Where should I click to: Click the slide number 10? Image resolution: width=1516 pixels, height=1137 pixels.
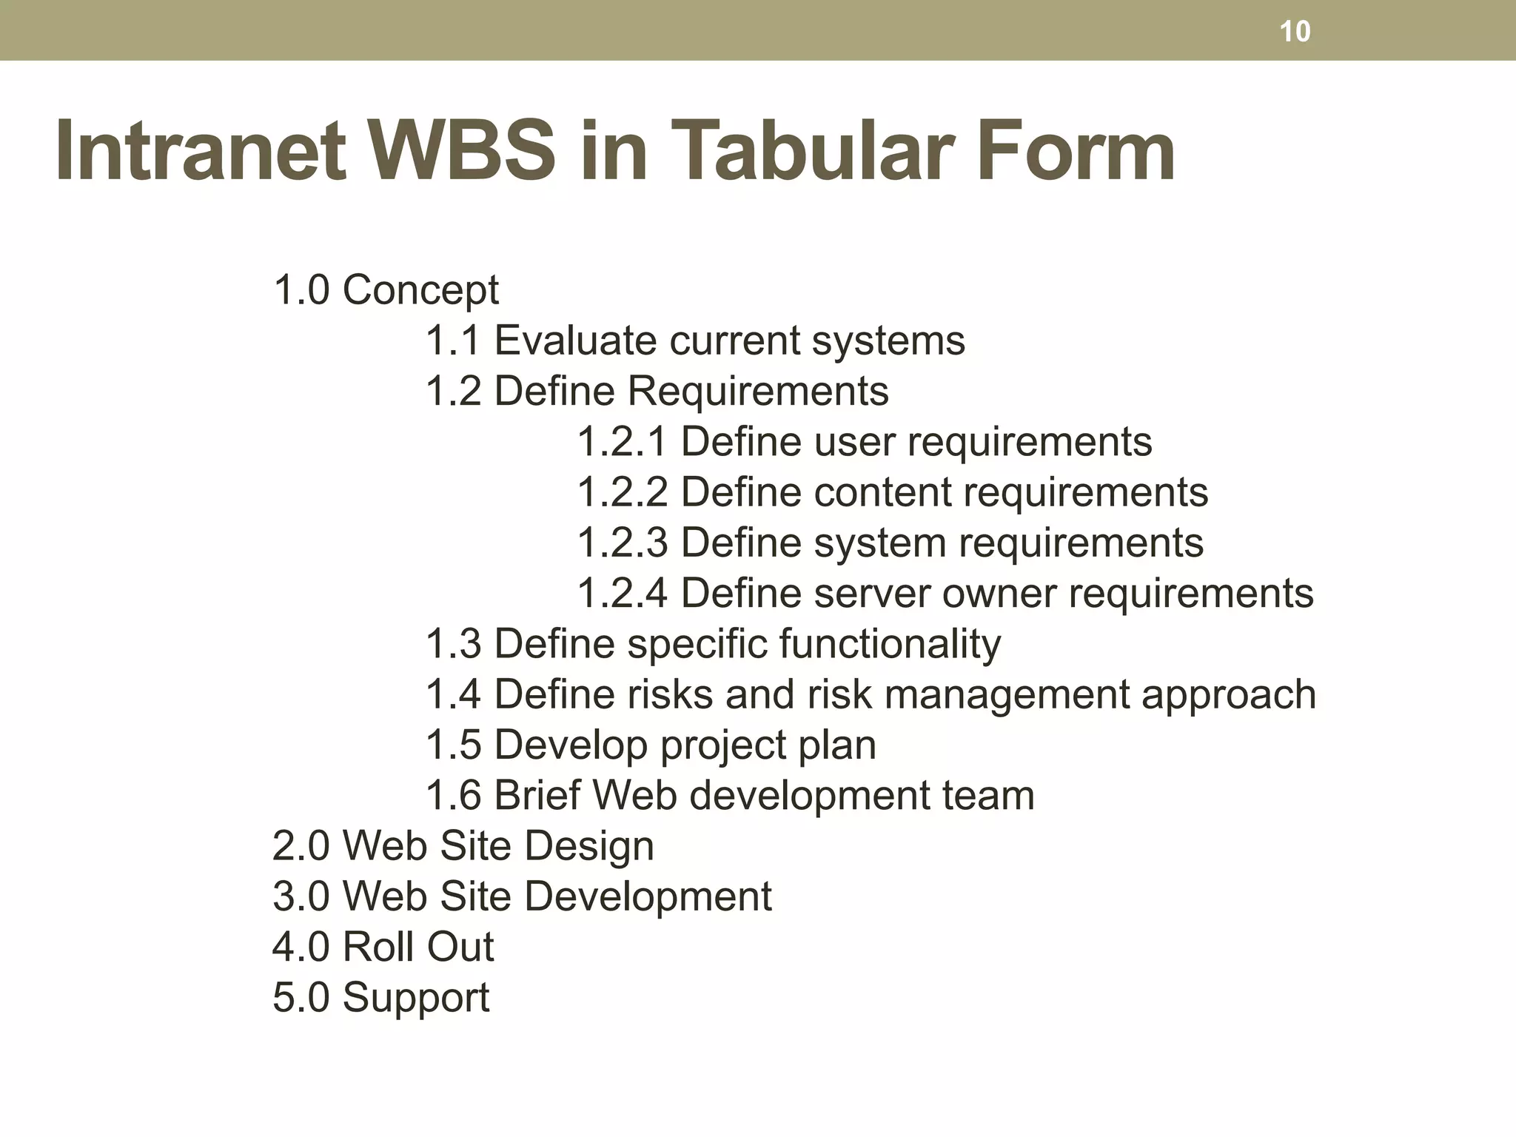(x=1295, y=32)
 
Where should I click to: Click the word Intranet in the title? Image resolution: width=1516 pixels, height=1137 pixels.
(x=201, y=151)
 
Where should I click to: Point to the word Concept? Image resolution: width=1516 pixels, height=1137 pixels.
(x=420, y=290)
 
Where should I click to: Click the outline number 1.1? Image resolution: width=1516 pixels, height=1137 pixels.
(x=453, y=341)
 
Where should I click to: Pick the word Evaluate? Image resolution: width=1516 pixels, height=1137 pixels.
(x=575, y=341)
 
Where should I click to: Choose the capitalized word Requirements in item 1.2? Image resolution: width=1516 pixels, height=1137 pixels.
(x=758, y=391)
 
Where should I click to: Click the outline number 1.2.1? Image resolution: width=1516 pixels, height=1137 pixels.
(x=622, y=442)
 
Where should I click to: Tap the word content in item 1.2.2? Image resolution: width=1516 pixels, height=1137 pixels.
(x=881, y=492)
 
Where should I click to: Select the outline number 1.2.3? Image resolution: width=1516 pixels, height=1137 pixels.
(x=622, y=543)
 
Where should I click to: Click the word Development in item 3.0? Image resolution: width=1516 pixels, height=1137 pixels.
(x=648, y=896)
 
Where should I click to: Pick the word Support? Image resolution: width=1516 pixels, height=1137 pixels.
(x=415, y=998)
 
